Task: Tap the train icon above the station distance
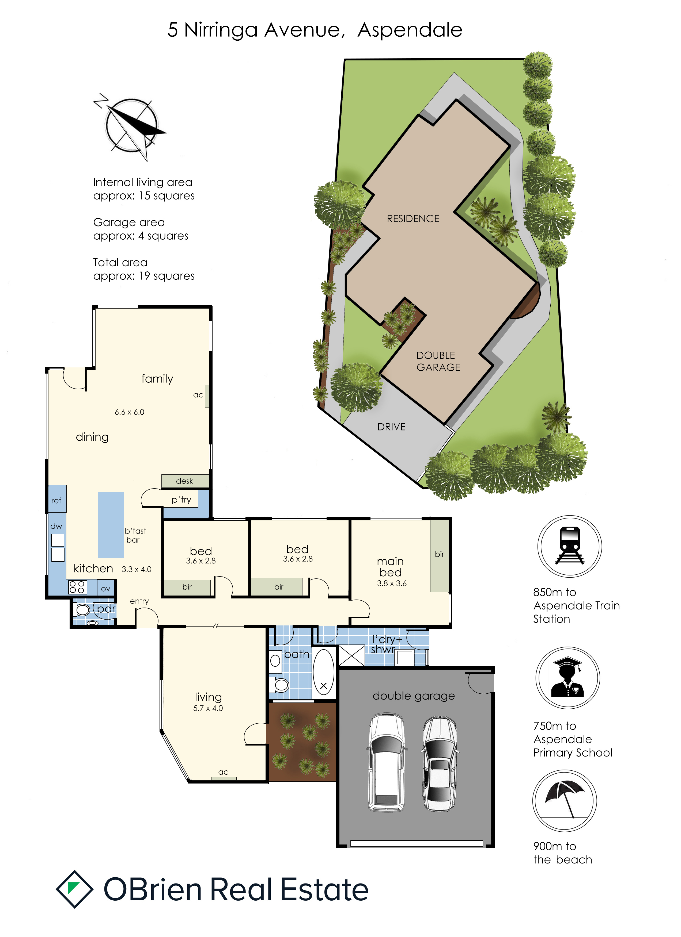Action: (570, 546)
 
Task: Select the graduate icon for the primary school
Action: (568, 678)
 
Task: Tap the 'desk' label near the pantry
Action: (184, 481)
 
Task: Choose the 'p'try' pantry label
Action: (181, 500)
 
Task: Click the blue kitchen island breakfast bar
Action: (111, 525)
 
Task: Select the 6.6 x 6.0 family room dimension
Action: (129, 412)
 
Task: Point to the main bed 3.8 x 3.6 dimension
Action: (392, 583)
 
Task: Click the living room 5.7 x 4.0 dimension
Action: (208, 708)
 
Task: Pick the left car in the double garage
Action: (386, 762)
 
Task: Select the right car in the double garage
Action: (440, 763)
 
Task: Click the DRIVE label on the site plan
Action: (392, 427)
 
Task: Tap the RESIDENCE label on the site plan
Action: (413, 218)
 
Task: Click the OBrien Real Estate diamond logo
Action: (74, 889)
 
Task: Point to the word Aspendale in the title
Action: (410, 30)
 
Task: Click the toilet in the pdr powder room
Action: (82, 610)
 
